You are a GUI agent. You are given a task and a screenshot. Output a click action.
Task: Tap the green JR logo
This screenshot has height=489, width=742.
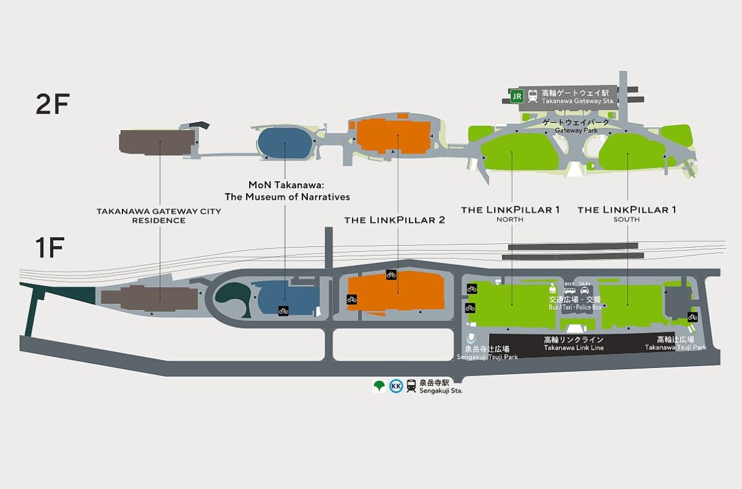click(x=517, y=96)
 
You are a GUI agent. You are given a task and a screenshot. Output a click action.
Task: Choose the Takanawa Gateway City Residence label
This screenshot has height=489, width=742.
click(x=158, y=215)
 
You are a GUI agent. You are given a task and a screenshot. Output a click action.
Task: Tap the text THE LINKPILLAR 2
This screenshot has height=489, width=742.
click(x=394, y=220)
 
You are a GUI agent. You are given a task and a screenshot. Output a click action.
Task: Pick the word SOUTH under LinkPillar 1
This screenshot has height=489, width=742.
click(x=626, y=219)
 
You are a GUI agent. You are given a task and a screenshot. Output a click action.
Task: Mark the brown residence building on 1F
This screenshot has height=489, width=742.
click(x=158, y=299)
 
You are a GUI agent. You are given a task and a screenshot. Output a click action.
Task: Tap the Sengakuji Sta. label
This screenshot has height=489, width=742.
click(x=441, y=387)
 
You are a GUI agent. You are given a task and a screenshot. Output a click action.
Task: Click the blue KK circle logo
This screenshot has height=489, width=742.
click(x=396, y=387)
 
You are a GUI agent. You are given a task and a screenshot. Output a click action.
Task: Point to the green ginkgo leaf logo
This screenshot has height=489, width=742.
click(x=379, y=387)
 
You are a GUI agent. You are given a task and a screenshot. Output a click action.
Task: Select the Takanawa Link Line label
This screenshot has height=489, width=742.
click(x=573, y=344)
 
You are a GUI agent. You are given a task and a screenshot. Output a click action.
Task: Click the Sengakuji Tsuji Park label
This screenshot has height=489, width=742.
click(x=487, y=353)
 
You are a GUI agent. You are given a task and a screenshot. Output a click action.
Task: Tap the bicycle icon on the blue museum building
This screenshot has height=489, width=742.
click(x=283, y=311)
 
